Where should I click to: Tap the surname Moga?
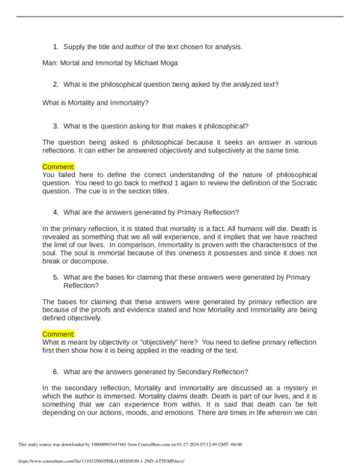point(170,63)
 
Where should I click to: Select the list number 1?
point(55,47)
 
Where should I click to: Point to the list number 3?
point(55,125)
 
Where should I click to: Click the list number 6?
point(55,372)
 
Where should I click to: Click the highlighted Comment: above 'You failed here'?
point(58,167)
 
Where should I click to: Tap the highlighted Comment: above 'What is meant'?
point(58,334)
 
